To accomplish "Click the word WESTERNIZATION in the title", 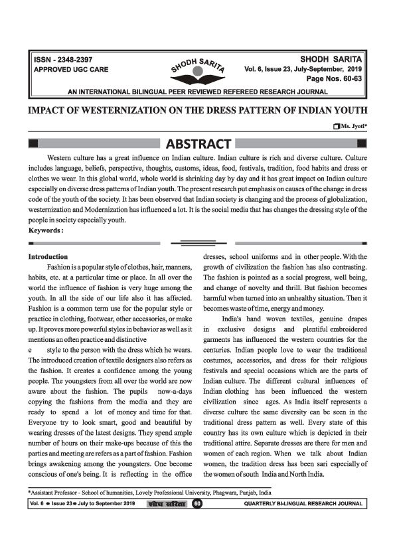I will click(x=129, y=110).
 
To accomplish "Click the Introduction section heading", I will click(x=48, y=256).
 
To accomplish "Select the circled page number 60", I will click(x=197, y=522).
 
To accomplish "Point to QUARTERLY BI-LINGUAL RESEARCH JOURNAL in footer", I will click(x=304, y=522).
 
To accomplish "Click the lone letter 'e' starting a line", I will click(x=31, y=347).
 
